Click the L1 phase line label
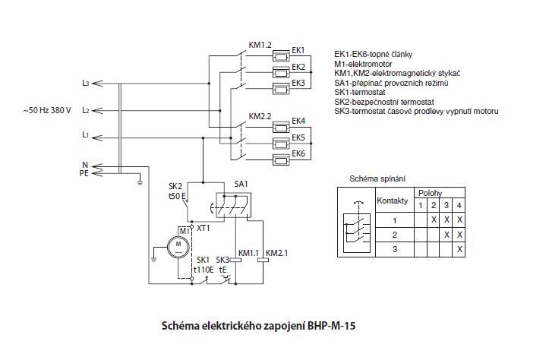tap(86, 136)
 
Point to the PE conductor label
tap(85, 173)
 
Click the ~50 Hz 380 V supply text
tap(47, 111)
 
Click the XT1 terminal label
tap(204, 227)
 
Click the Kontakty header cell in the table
tap(393, 201)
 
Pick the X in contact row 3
tap(459, 248)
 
